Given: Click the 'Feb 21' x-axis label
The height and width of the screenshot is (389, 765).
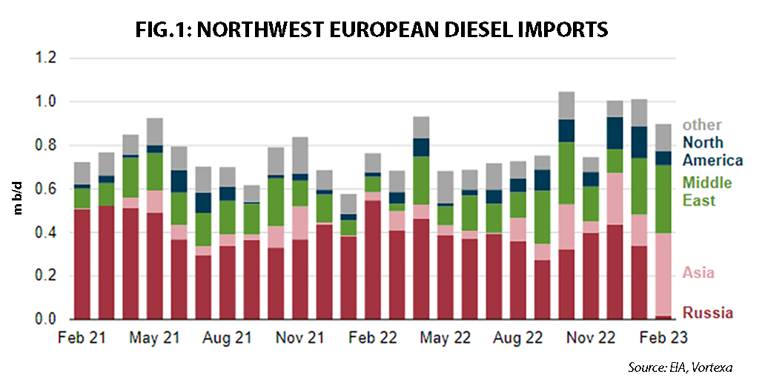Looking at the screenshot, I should coord(82,337).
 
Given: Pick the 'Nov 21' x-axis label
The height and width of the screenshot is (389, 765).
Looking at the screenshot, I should coord(300,337).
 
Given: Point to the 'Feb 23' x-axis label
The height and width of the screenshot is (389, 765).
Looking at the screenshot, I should coord(663,337).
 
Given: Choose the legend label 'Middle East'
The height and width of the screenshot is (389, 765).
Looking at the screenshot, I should coord(707,192).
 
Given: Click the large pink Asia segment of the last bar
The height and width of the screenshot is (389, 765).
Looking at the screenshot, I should coord(664,275).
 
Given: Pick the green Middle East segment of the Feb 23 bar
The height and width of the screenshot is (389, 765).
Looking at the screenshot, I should coord(664,199).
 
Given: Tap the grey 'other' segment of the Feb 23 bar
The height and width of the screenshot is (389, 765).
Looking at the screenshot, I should coord(664,137).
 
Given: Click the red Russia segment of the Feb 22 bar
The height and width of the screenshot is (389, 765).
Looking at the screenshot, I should coord(373,260).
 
